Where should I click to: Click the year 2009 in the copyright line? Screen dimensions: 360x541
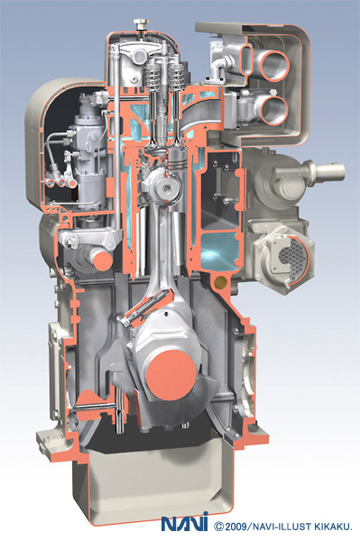pyautogui.click(x=235, y=527)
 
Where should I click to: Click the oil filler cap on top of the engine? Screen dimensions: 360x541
pyautogui.click(x=142, y=25)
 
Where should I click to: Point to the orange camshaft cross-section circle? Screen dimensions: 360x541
pyautogui.click(x=103, y=261)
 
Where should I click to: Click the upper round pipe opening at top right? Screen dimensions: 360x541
pyautogui.click(x=274, y=65)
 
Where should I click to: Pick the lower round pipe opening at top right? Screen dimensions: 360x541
pyautogui.click(x=274, y=110)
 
